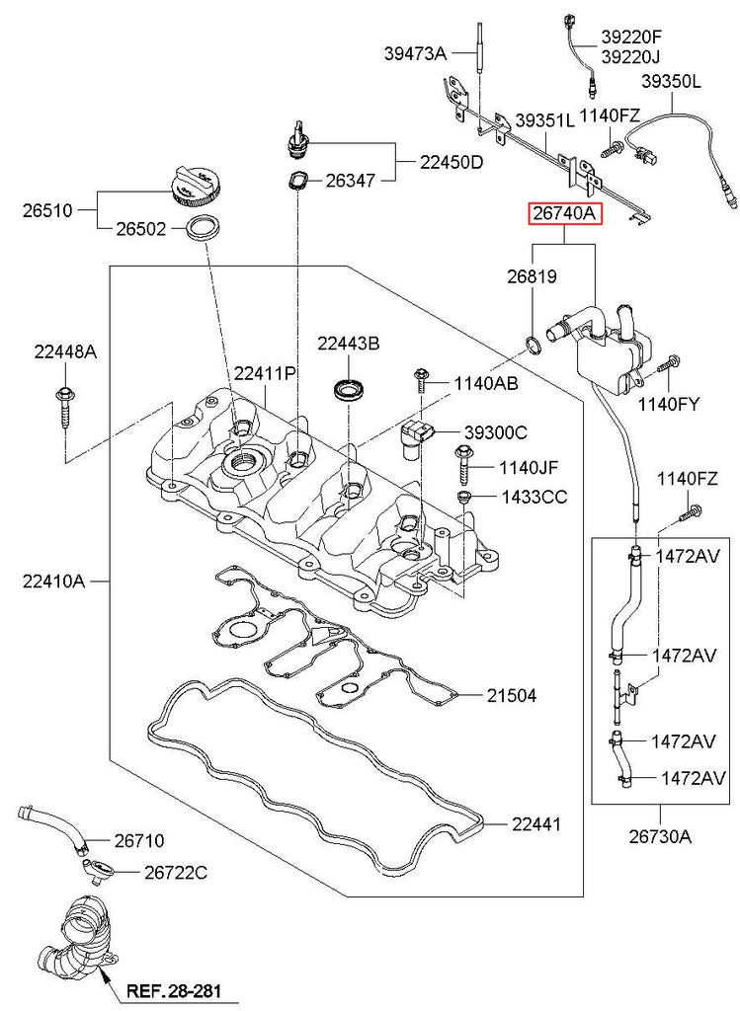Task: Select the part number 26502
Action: click(x=137, y=228)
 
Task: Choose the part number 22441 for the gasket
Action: click(x=536, y=823)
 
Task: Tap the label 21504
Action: click(x=511, y=695)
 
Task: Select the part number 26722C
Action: click(x=175, y=873)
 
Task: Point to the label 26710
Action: click(x=138, y=841)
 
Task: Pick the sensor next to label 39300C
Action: click(x=415, y=435)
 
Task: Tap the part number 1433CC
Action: click(x=534, y=497)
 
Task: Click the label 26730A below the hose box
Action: click(x=658, y=838)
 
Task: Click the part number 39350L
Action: click(x=672, y=81)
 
